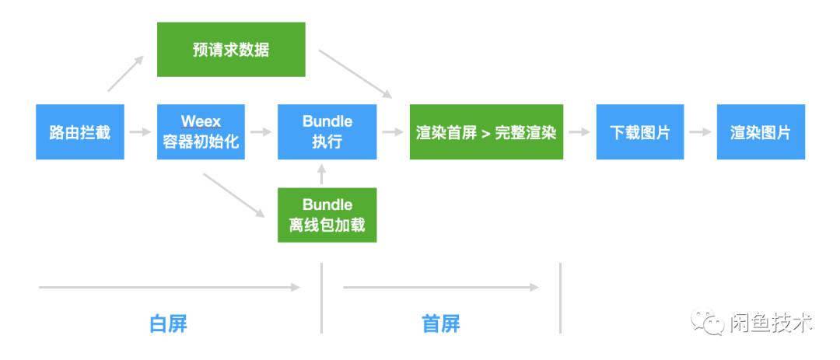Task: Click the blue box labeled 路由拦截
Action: (x=80, y=132)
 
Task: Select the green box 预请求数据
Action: (x=231, y=49)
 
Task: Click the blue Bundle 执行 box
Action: (x=327, y=132)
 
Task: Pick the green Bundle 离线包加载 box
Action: (x=327, y=215)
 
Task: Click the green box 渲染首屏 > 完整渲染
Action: (x=486, y=132)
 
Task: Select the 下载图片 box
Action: (x=640, y=132)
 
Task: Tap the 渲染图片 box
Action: (x=761, y=132)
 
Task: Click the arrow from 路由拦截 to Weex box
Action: (x=141, y=132)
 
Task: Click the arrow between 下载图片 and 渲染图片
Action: (x=701, y=132)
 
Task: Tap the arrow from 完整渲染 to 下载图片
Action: (x=579, y=132)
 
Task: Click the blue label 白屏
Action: (x=168, y=323)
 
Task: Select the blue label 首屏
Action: (x=441, y=323)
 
